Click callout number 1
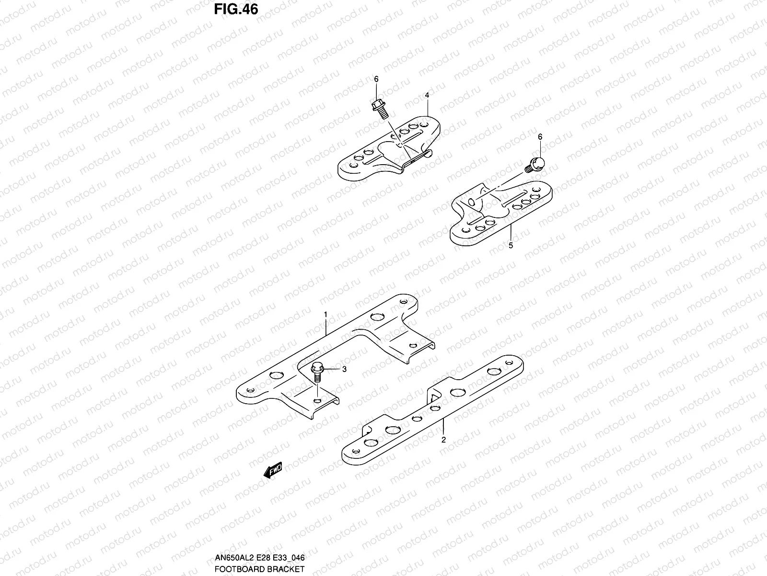click(325, 314)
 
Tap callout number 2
click(443, 439)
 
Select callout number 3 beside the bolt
click(343, 369)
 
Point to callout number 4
click(427, 96)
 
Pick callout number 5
click(511, 245)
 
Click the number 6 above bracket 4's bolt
click(376, 79)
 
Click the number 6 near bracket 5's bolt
click(540, 137)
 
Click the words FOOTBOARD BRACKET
click(260, 569)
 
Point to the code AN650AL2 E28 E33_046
click(260, 558)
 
